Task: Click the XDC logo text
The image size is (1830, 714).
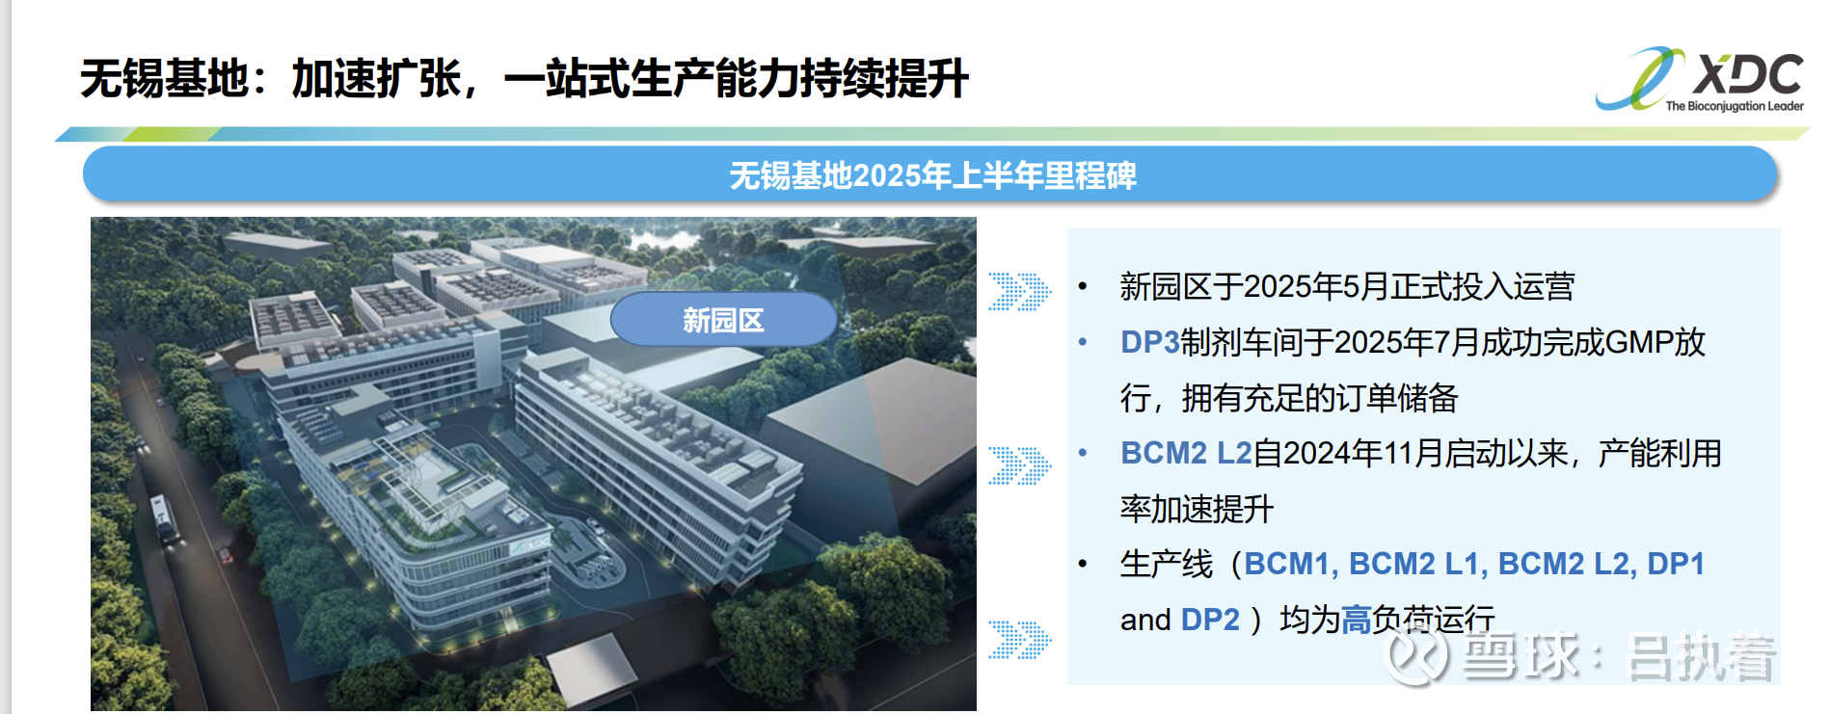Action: point(1747,75)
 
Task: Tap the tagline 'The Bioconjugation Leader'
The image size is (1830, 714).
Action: point(1734,107)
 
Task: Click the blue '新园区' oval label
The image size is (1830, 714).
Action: point(723,319)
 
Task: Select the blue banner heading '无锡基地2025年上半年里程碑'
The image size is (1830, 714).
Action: point(932,175)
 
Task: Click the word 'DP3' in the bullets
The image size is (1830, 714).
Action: point(1149,342)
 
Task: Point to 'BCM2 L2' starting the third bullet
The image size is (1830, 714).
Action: point(1186,453)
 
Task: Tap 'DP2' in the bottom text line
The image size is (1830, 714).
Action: point(1210,620)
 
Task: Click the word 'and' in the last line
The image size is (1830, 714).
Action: point(1145,620)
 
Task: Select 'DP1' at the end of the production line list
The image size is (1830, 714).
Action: point(1676,564)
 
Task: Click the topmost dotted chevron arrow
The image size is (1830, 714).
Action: point(1019,291)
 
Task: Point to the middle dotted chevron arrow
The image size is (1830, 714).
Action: point(1019,465)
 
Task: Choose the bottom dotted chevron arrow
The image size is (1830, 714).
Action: point(1019,640)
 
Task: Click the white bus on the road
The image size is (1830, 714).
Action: point(163,518)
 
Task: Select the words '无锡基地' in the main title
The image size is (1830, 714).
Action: point(164,78)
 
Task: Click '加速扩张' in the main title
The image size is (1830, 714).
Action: point(376,78)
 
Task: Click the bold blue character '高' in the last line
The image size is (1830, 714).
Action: point(1357,620)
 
